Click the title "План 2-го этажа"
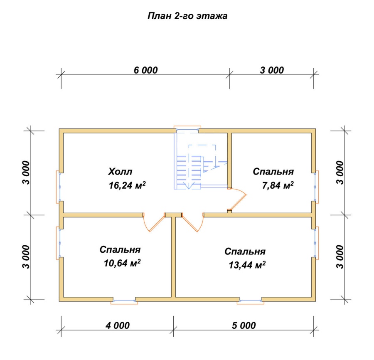pos(187,16)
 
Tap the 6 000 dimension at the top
pos(145,70)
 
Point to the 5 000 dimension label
pos(244,325)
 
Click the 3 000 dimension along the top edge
pos(272,70)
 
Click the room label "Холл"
pos(120,172)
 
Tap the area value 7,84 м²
pos(278,185)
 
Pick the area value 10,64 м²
pos(122,263)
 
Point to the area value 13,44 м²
pos(247,265)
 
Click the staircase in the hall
pos(200,167)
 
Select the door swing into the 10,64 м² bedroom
pos(154,222)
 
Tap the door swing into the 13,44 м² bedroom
pos(193,222)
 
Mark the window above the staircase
pos(187,129)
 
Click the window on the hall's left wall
pos(59,187)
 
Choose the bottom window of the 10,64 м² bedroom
pos(124,301)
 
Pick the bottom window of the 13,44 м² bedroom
pos(251,301)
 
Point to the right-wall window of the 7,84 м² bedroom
pos(316,187)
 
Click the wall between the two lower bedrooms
pos(173,257)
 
